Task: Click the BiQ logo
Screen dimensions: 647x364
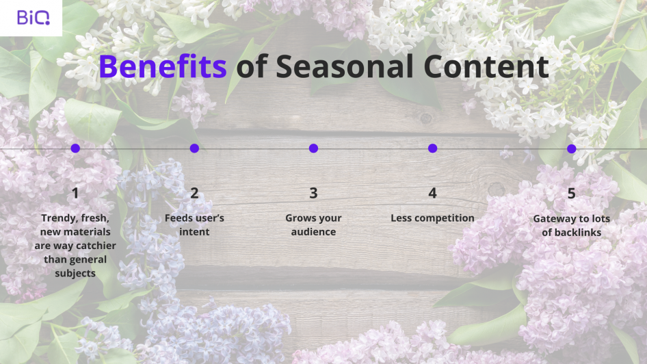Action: pos(34,18)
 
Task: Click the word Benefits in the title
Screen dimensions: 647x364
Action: pos(163,66)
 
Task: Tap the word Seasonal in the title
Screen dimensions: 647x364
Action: pos(345,66)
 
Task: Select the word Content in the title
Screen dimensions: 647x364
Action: pos(486,66)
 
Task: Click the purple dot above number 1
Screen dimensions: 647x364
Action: pos(75,148)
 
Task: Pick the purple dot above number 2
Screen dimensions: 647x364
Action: pos(194,148)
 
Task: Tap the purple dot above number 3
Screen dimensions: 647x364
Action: pos(314,148)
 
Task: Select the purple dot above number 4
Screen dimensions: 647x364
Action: pos(432,148)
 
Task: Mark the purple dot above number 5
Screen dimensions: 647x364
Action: pos(572,148)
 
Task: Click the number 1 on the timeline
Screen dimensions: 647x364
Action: pos(75,193)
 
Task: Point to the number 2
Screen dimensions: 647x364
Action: pos(194,193)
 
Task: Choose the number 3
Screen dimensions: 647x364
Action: pos(314,193)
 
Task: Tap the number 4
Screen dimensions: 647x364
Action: pos(432,193)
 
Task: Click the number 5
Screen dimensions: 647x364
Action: pos(572,193)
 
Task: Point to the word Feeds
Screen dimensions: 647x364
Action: pos(176,218)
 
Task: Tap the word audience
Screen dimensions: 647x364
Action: pos(314,232)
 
